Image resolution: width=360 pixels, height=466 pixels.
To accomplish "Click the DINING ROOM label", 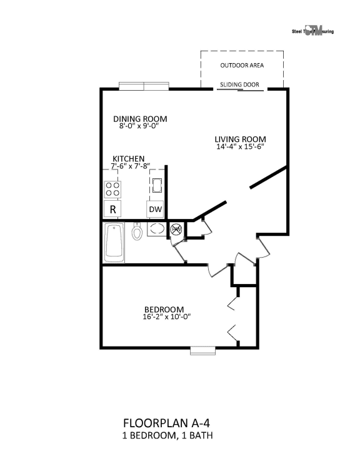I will (x=140, y=118).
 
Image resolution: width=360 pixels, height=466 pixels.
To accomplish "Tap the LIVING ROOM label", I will (x=241, y=139).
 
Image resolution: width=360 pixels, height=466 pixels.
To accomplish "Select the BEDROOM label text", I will (x=164, y=309).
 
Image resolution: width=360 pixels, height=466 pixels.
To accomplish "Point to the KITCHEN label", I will (x=129, y=158).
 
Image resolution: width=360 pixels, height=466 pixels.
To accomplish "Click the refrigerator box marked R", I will (x=112, y=209).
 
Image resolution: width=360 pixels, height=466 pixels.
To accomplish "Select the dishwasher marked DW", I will (x=155, y=209).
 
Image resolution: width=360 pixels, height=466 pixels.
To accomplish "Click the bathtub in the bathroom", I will (x=115, y=242).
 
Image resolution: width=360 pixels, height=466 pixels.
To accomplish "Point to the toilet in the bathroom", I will (x=137, y=232).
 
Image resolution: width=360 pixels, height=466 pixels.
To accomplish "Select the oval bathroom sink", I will (x=157, y=230).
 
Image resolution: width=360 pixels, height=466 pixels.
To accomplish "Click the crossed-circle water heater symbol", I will (x=176, y=230).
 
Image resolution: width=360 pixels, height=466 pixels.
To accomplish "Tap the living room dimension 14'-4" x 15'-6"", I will (x=241, y=148).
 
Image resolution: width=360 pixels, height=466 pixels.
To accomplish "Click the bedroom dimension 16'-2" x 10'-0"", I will (x=164, y=317).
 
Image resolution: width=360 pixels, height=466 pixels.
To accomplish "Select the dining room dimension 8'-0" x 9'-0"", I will (x=140, y=126).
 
